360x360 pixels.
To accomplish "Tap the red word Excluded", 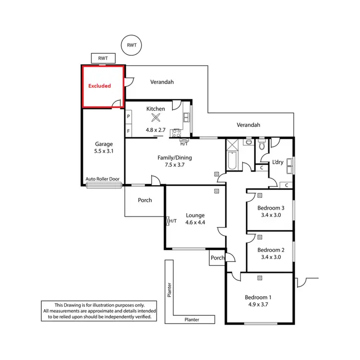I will click(99, 86).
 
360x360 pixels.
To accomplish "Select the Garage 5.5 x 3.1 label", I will click(103, 147).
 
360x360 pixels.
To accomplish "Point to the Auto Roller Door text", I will click(102, 179).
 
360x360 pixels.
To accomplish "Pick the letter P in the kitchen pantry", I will click(128, 117).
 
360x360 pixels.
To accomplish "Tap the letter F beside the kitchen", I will click(128, 131).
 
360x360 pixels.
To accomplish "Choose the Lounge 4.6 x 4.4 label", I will click(195, 219).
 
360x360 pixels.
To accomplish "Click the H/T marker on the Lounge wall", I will click(172, 221).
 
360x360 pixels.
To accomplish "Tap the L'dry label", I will click(278, 162).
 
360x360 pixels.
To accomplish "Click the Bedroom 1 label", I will click(258, 297).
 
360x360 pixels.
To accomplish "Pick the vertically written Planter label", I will click(169, 290).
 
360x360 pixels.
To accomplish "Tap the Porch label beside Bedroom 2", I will click(217, 258).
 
